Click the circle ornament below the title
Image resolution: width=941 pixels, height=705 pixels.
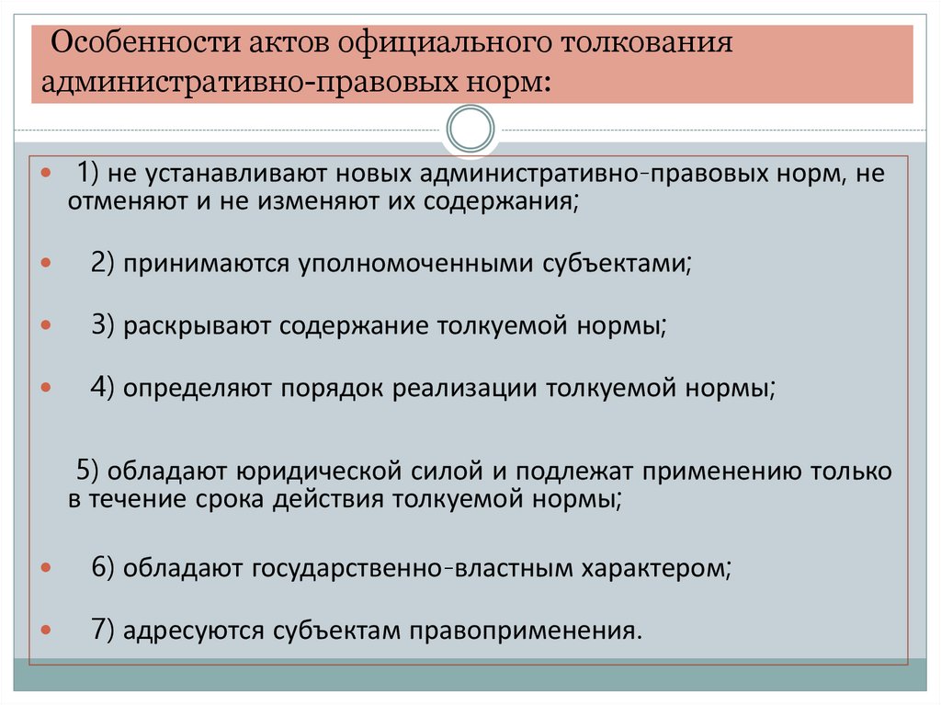[x=470, y=129]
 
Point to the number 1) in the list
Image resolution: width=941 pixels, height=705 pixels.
[x=88, y=174]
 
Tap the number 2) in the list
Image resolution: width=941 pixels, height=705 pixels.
[x=102, y=263]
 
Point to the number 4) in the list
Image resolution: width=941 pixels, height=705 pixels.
[x=102, y=388]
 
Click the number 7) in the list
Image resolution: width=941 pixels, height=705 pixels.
[x=102, y=631]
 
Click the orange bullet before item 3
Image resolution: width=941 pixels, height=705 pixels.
[x=46, y=326]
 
